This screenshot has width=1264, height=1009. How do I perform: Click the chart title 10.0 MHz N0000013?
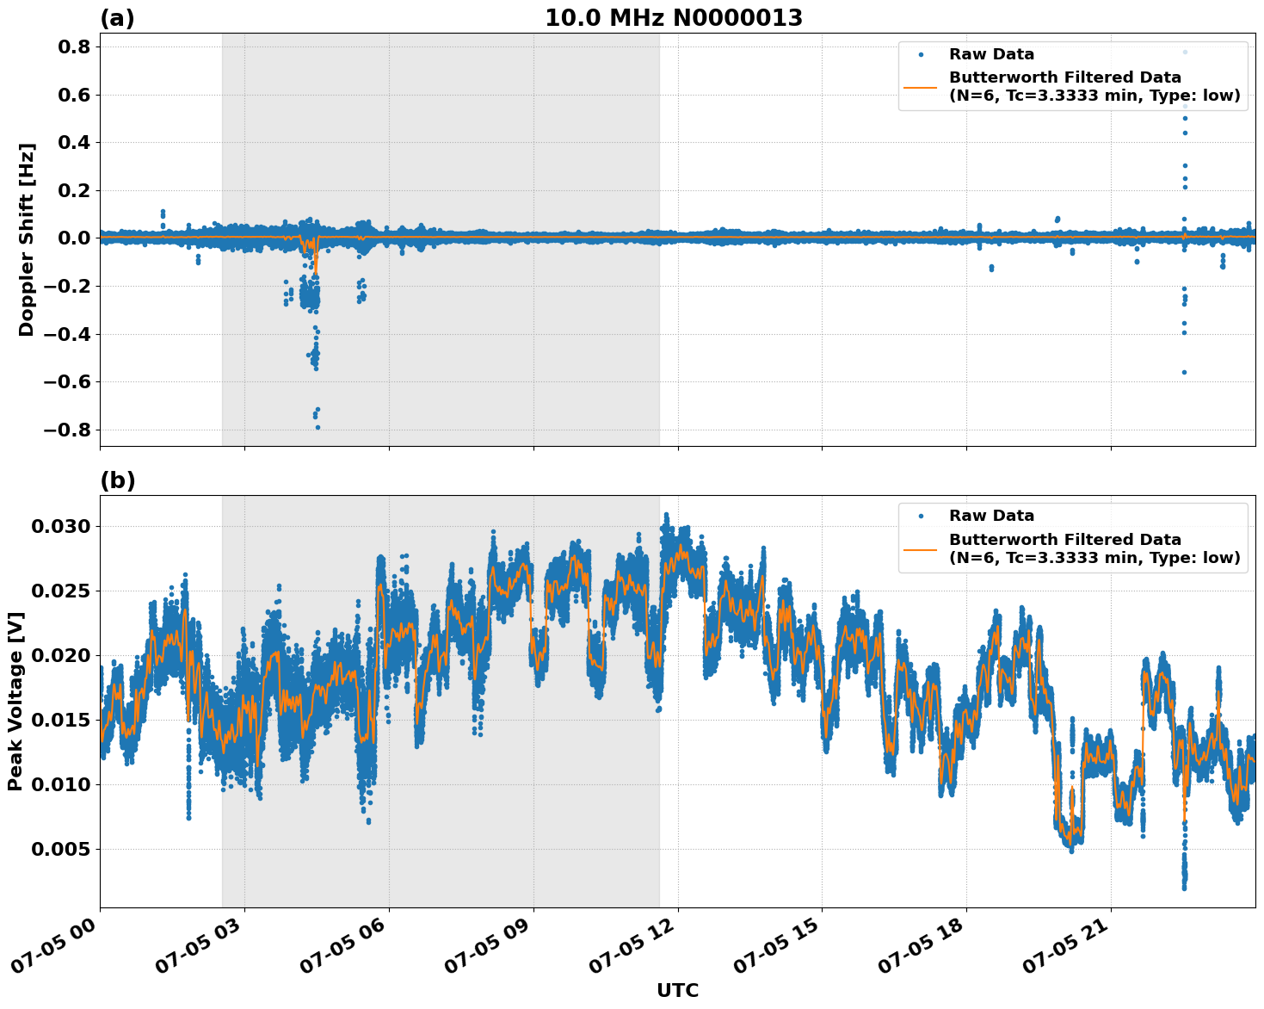click(x=673, y=18)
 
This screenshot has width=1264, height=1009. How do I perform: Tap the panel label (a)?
click(x=117, y=18)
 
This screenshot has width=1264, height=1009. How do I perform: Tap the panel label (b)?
click(x=117, y=480)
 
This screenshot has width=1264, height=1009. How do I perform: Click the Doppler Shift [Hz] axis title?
click(x=27, y=239)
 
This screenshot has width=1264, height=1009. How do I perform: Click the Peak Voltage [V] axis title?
click(x=15, y=701)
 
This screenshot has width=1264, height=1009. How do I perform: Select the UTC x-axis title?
click(x=677, y=990)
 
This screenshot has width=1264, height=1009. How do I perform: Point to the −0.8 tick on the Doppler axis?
click(x=68, y=430)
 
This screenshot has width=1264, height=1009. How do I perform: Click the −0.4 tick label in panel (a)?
click(x=68, y=334)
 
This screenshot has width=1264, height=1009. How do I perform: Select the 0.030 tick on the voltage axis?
click(x=61, y=526)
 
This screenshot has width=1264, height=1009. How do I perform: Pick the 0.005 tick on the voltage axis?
click(x=61, y=849)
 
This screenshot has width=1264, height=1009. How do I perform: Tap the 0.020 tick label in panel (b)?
click(x=61, y=655)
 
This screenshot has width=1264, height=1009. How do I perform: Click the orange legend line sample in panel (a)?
click(x=921, y=86)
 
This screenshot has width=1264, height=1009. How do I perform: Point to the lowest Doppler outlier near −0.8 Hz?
click(x=318, y=427)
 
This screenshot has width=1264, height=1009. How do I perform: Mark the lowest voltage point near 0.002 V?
click(x=1185, y=888)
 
